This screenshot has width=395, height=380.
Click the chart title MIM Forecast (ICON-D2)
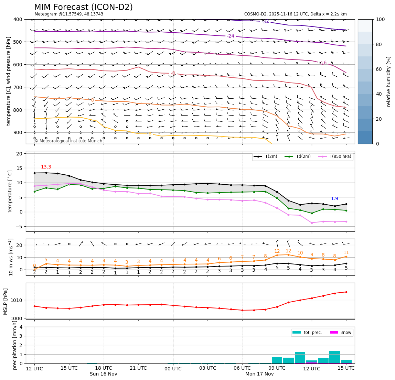(x=83, y=7)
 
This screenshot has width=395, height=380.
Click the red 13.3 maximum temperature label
(x=46, y=167)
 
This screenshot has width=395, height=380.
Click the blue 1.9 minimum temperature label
(x=334, y=199)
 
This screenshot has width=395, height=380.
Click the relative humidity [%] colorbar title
(x=389, y=82)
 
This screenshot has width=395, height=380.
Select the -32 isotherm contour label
(x=265, y=21)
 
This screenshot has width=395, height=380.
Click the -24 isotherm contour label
(x=231, y=36)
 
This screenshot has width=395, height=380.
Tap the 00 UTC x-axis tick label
(x=173, y=368)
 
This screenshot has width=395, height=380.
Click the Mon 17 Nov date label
(x=259, y=374)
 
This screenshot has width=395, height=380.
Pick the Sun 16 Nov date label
(x=104, y=374)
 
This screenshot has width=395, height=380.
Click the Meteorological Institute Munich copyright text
(x=68, y=141)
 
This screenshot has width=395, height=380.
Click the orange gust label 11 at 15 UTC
(x=346, y=253)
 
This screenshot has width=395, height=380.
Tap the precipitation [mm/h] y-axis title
(x=14, y=345)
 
